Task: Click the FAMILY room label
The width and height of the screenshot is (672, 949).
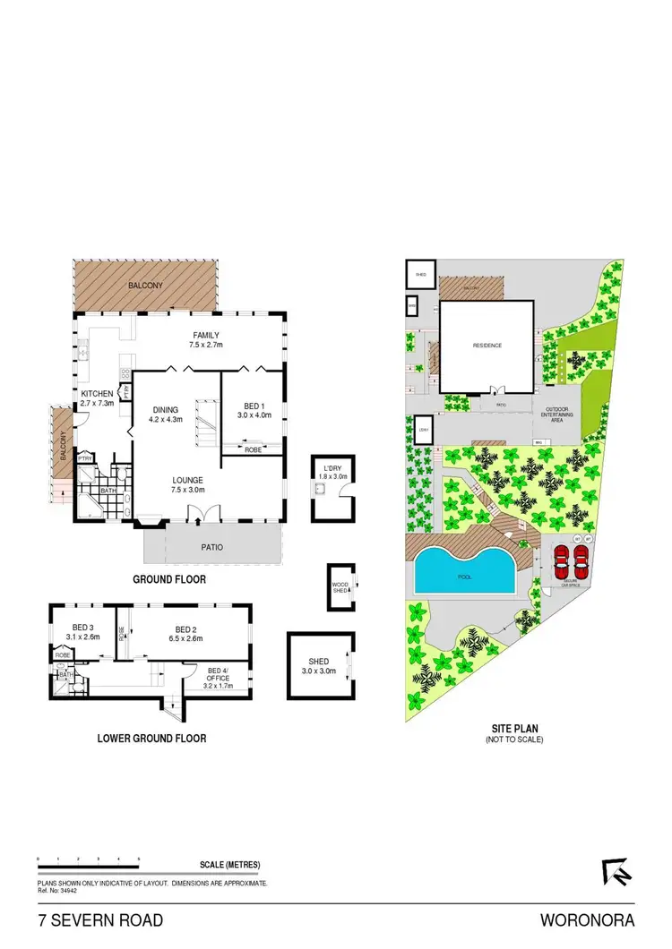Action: (205, 339)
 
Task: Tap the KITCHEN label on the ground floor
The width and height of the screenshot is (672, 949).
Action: (97, 399)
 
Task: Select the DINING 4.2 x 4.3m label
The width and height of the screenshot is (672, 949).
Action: (166, 413)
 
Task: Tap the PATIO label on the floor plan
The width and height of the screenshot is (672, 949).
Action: (212, 546)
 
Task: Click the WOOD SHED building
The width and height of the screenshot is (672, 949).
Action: (340, 588)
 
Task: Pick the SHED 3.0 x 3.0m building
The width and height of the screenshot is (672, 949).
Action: (321, 665)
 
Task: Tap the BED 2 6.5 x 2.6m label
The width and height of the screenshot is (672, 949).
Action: (185, 634)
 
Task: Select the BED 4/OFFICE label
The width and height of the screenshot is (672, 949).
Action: (219, 675)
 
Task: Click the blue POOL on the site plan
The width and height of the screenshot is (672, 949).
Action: (464, 574)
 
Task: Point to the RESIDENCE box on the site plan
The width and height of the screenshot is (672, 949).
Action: (487, 346)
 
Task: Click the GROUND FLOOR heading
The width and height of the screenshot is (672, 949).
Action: (169, 579)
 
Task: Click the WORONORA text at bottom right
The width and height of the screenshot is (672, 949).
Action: (587, 919)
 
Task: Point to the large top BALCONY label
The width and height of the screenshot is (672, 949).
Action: (145, 284)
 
